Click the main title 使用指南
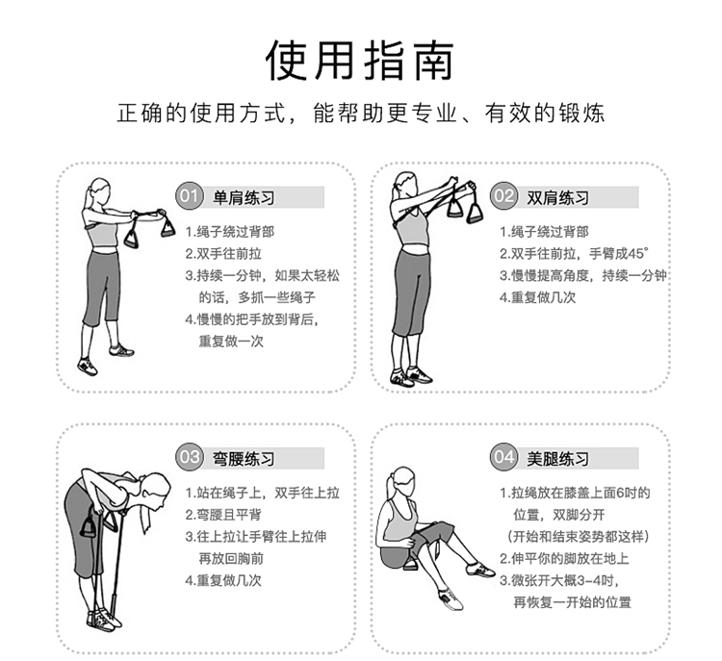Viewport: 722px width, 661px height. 360,61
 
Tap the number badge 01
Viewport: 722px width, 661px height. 190,196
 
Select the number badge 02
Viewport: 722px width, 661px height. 503,196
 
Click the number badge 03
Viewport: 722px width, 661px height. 190,457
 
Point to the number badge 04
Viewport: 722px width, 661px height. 503,457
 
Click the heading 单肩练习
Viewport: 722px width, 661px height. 244,198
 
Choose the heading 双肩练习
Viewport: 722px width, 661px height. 558,198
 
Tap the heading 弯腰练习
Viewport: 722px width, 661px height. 244,459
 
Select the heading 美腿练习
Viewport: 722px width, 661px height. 558,459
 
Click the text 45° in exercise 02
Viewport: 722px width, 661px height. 638,253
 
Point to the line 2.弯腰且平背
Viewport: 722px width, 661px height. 223,515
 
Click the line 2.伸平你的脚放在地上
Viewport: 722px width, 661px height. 564,558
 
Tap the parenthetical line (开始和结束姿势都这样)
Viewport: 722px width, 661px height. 579,537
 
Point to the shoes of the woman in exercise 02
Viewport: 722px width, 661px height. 411,376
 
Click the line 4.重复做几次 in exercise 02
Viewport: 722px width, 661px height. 538,297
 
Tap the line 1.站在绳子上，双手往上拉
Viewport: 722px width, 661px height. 263,493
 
